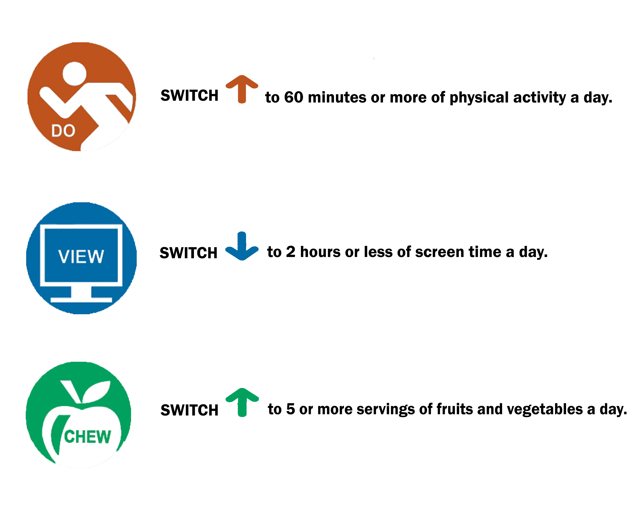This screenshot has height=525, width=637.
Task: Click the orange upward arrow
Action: click(242, 89)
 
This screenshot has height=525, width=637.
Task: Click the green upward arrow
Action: click(242, 402)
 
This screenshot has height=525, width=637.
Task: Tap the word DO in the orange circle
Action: click(63, 131)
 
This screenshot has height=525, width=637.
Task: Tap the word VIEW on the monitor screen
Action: click(81, 257)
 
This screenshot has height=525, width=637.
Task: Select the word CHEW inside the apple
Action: click(88, 437)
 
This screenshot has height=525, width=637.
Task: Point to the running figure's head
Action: click(74, 74)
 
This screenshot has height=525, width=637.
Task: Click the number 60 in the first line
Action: click(294, 97)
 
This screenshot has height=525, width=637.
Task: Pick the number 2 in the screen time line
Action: click(291, 252)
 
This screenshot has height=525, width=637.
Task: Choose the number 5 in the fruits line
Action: click(291, 409)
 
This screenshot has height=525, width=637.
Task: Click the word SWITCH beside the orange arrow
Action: click(189, 95)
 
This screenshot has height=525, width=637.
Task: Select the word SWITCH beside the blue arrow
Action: click(189, 253)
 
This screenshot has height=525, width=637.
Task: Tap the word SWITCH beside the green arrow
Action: click(189, 410)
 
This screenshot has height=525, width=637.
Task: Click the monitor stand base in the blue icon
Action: click(81, 300)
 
